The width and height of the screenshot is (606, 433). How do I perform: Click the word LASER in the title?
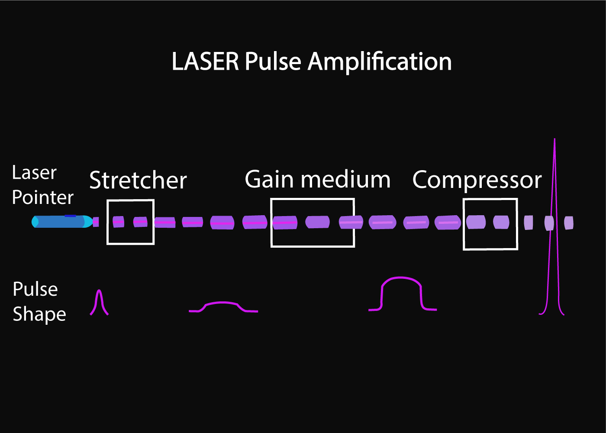click(x=205, y=61)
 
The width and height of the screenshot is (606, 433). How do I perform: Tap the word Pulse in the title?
click(x=273, y=61)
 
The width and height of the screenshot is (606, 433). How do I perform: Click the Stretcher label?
click(x=138, y=180)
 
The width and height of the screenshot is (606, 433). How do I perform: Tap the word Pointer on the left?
click(x=42, y=198)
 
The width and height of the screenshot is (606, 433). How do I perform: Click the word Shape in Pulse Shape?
click(x=39, y=314)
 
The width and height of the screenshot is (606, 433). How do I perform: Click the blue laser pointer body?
click(x=58, y=222)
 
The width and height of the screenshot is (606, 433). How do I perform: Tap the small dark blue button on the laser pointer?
click(x=70, y=216)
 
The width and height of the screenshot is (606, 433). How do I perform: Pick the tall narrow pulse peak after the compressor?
click(x=554, y=216)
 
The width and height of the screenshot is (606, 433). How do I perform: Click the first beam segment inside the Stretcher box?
click(x=118, y=222)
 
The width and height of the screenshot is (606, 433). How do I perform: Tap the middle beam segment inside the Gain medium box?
click(x=317, y=222)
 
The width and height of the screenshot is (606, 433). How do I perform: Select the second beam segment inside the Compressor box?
click(x=501, y=222)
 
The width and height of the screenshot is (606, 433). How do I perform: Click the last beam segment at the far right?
click(x=569, y=223)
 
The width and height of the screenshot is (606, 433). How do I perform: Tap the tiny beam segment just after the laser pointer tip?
click(x=96, y=222)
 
